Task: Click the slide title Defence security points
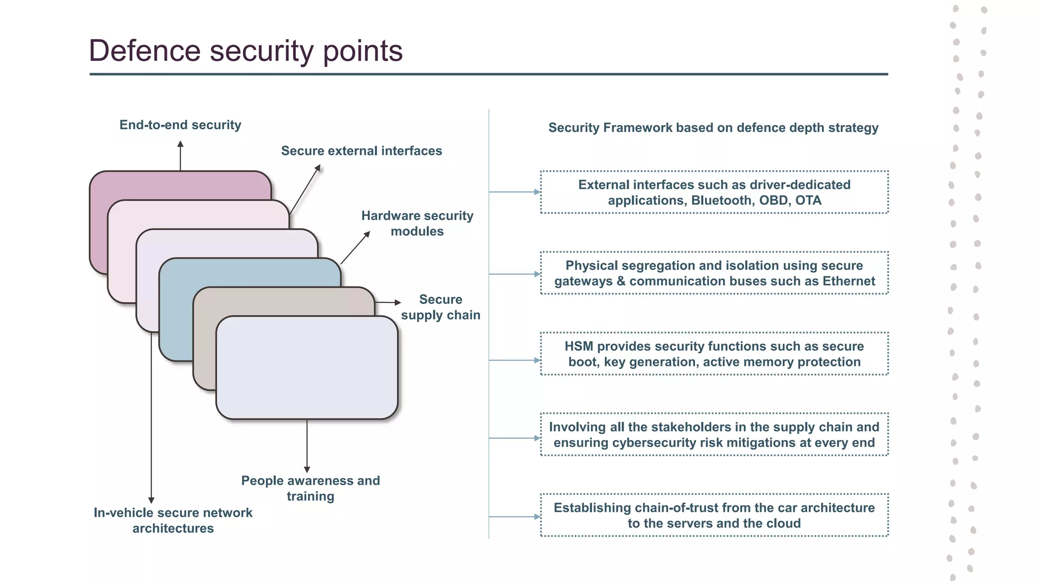click(246, 51)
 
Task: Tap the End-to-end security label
click(180, 125)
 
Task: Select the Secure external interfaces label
click(361, 151)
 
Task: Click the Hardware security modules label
click(417, 223)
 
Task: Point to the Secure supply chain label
click(440, 307)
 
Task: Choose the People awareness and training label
click(310, 488)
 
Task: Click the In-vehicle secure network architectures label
click(173, 520)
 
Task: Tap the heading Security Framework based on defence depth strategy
click(713, 128)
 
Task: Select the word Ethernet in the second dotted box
click(849, 281)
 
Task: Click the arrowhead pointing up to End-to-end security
click(180, 144)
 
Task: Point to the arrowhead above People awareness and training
click(307, 469)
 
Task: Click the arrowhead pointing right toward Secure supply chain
click(398, 303)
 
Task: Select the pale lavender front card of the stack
click(306, 368)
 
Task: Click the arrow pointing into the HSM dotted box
click(537, 360)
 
